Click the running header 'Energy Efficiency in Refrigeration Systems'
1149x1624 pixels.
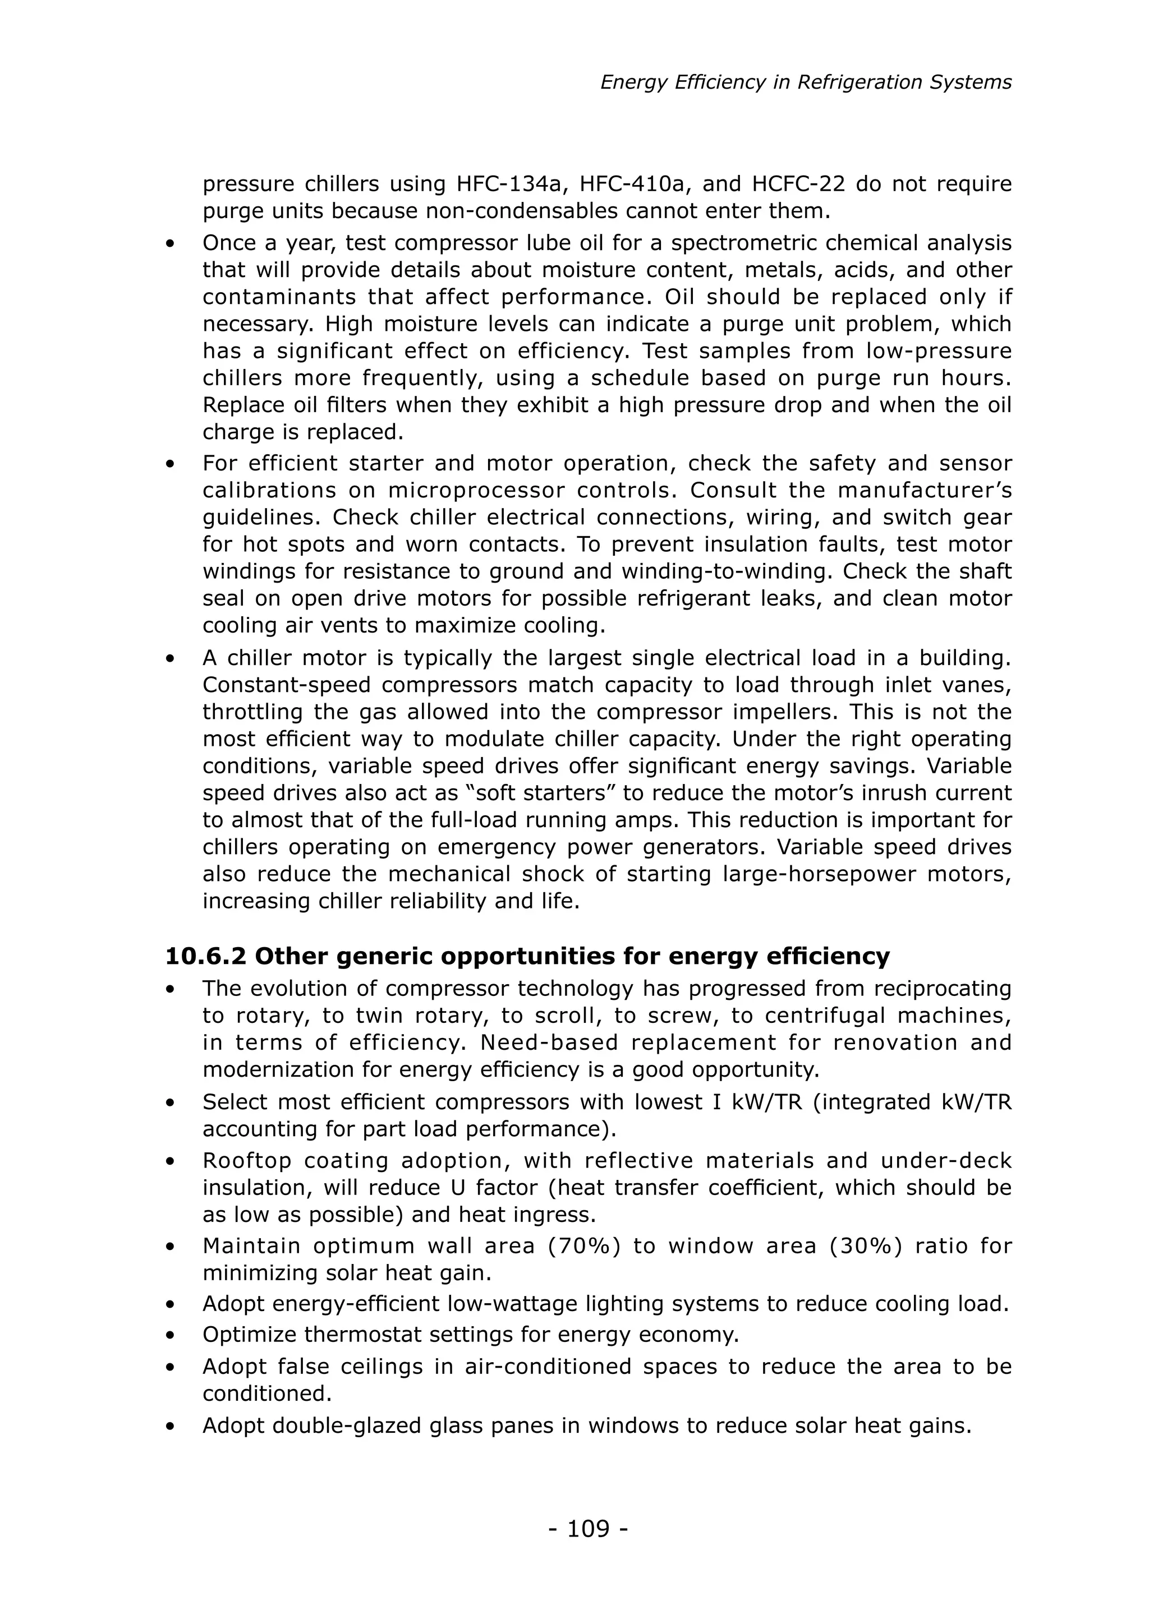pyautogui.click(x=806, y=83)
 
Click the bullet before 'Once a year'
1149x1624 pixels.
pyautogui.click(x=170, y=244)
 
